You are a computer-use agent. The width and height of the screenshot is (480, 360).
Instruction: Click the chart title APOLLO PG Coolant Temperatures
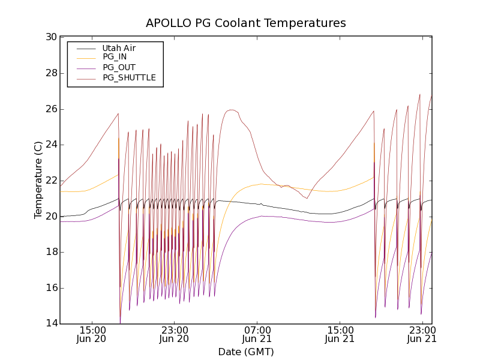coord(246,23)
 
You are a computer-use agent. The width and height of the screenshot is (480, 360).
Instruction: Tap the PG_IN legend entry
coord(115,57)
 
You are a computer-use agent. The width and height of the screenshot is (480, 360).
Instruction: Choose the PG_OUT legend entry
coord(119,67)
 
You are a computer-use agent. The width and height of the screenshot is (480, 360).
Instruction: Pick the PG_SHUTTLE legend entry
coord(129,77)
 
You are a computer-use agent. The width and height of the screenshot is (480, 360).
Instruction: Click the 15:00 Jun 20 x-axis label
coord(92,334)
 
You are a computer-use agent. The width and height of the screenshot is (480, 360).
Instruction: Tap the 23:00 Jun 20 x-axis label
coord(175,334)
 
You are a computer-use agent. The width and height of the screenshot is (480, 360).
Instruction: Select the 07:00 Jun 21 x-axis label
coord(257,334)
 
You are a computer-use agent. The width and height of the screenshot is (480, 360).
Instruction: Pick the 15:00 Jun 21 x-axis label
coord(339,334)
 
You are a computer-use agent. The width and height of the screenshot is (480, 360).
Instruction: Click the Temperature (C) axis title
coord(38,180)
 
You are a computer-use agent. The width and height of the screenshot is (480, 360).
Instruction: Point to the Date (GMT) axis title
coord(246,352)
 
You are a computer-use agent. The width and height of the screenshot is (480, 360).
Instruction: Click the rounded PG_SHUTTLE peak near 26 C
coord(231,110)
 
